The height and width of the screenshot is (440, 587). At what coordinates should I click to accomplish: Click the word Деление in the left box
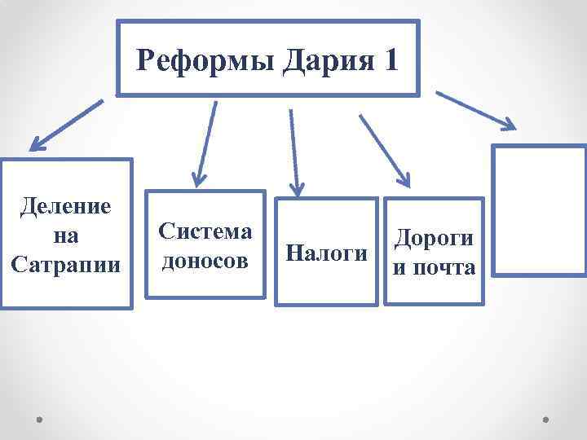[x=66, y=207]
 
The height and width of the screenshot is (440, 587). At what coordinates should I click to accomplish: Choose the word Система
[x=205, y=231]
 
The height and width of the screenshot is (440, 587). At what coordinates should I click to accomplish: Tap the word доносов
[x=205, y=262]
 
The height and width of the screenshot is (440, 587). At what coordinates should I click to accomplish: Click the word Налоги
[x=327, y=253]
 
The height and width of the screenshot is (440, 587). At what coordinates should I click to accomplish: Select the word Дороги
[x=434, y=238]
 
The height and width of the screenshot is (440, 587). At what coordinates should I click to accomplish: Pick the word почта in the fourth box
[x=444, y=267]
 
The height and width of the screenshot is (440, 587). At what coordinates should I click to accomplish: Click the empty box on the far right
[x=540, y=212]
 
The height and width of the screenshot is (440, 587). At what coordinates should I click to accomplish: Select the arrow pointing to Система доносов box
[x=205, y=142]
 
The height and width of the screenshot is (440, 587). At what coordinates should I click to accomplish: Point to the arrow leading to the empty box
[x=476, y=110]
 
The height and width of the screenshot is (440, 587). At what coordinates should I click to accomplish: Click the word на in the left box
[x=66, y=236]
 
